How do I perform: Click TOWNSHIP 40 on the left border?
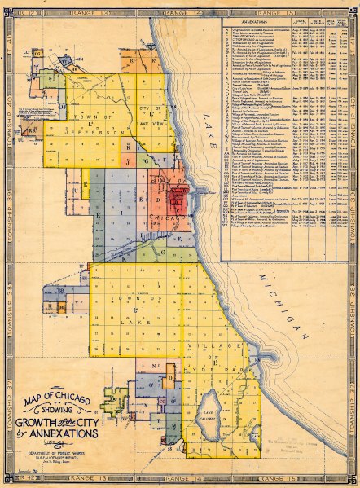click(x=8, y=152)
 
